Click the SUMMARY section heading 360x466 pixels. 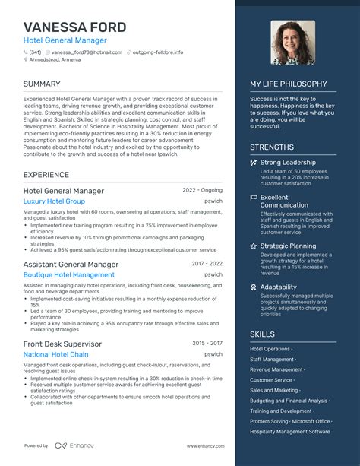[x=42, y=83]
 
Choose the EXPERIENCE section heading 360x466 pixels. [x=46, y=174]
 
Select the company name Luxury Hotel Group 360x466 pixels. [x=54, y=201]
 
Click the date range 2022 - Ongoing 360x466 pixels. [x=203, y=190]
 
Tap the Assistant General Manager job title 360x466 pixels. [x=71, y=264]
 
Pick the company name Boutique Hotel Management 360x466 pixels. [x=69, y=275]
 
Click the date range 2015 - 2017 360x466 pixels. [x=207, y=343]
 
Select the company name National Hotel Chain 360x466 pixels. [x=56, y=355]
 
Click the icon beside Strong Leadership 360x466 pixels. [x=254, y=163]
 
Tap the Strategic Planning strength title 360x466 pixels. [x=288, y=246]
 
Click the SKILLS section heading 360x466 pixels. [x=262, y=333]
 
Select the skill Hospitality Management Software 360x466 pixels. [x=289, y=432]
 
